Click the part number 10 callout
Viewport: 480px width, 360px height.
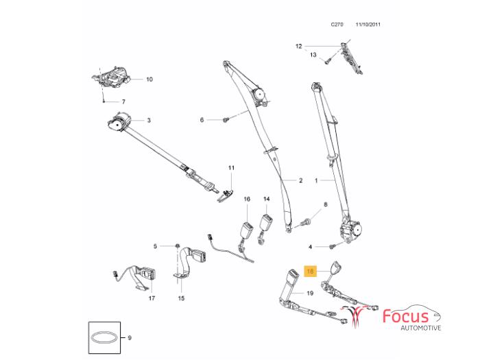pos(149,79)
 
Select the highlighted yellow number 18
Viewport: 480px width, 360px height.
pos(310,272)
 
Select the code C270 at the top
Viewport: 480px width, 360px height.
pos(337,24)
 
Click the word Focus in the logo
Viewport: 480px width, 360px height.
pos(410,316)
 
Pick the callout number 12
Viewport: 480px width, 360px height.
pos(298,46)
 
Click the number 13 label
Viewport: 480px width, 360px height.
pos(313,55)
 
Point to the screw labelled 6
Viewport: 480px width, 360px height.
pos(225,120)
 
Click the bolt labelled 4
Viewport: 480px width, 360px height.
pos(333,246)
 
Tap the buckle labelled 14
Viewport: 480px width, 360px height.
pos(267,224)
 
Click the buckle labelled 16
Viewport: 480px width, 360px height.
pos(246,229)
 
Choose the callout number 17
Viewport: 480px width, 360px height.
pos(152,298)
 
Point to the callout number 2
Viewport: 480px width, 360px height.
pos(300,181)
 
